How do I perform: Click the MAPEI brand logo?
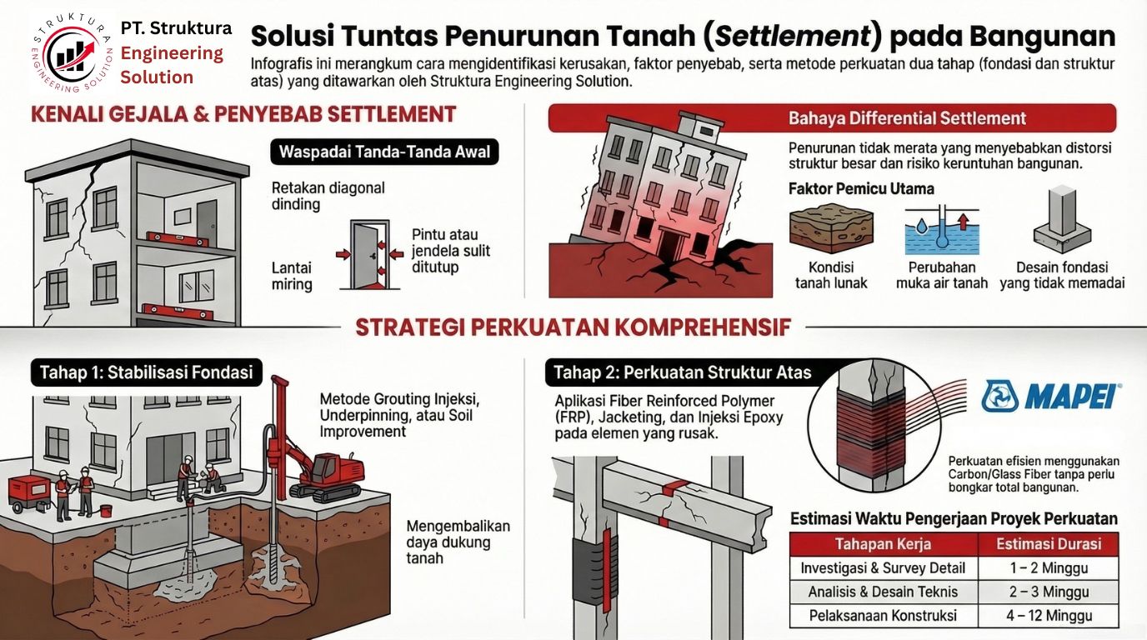point(1051,396)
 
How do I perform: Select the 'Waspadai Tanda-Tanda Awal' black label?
point(384,152)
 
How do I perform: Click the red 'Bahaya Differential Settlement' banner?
point(831,118)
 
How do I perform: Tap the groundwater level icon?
point(941,231)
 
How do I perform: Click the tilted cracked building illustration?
point(659,200)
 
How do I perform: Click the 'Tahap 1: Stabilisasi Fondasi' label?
point(146,372)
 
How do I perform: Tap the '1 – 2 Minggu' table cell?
point(1048,568)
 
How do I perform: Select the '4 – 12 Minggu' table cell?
point(1048,617)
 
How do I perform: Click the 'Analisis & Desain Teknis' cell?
point(883,592)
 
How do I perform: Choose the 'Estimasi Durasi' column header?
point(1048,544)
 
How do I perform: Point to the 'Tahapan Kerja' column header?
point(883,544)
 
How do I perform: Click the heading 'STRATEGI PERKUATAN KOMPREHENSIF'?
point(573,327)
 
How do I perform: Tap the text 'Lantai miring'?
point(292,276)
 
